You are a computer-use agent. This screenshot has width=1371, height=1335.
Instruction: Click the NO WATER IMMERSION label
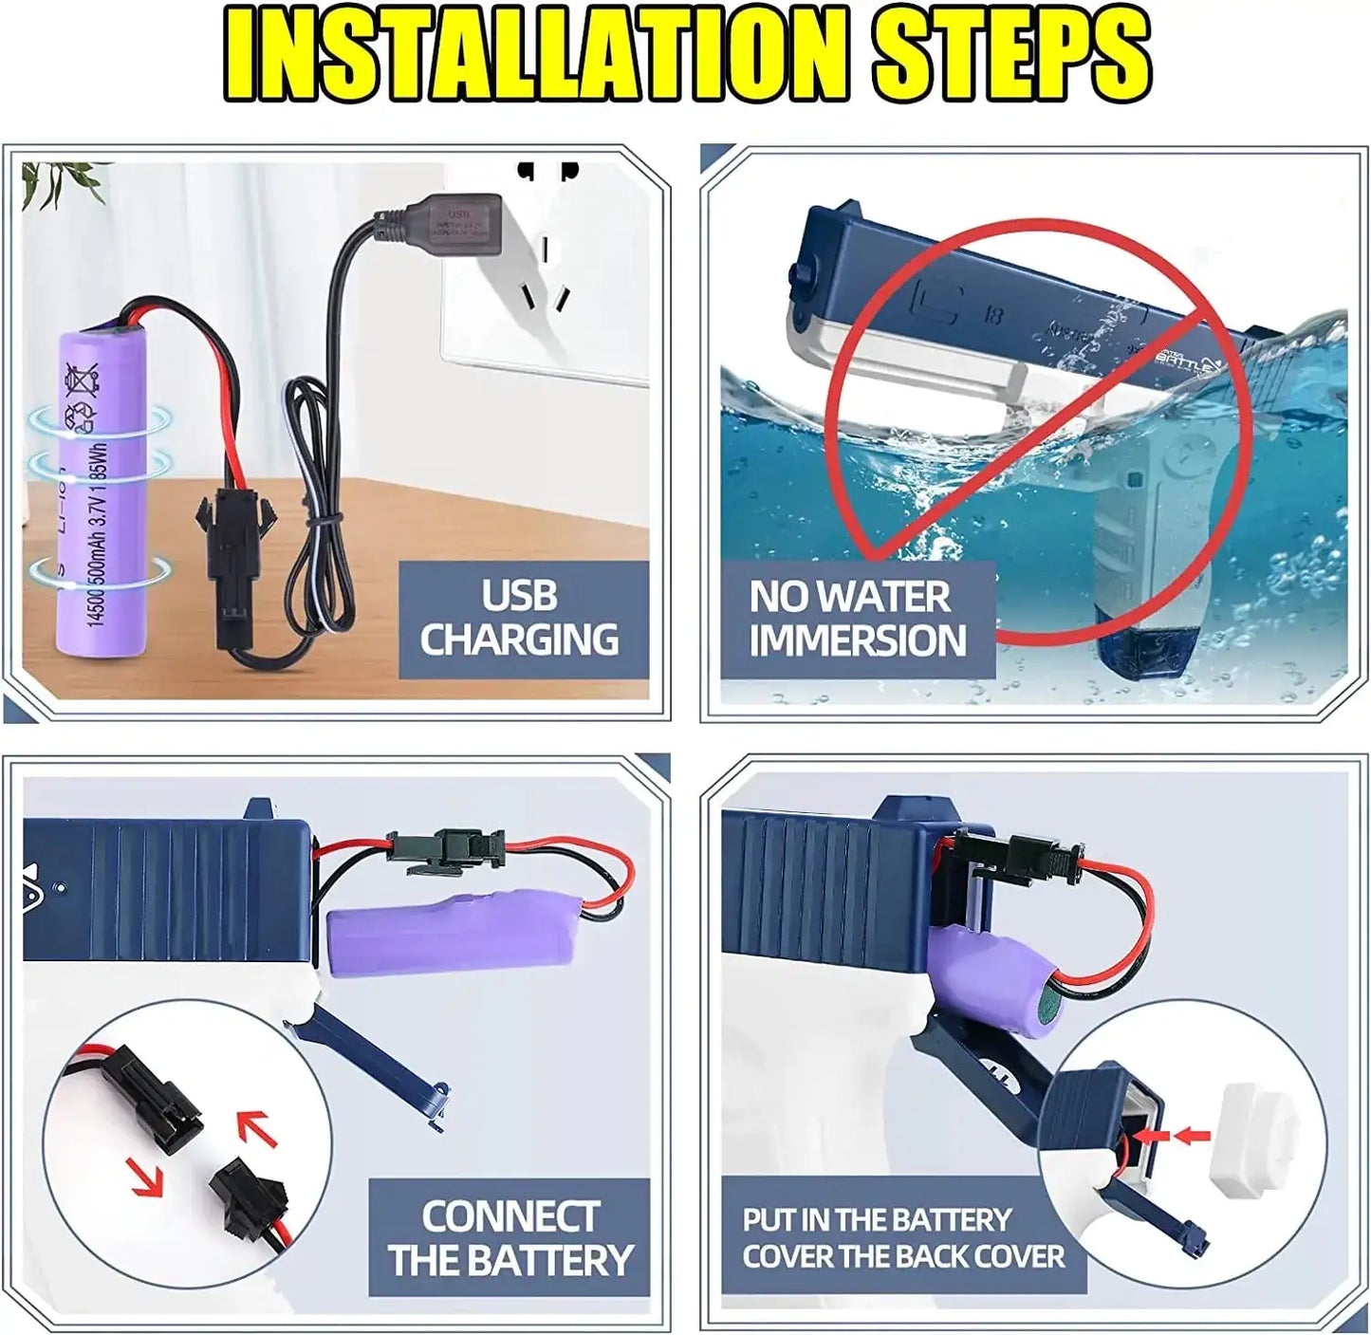pos(857,619)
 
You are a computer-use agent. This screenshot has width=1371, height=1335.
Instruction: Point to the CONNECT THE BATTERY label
pos(510,1238)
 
